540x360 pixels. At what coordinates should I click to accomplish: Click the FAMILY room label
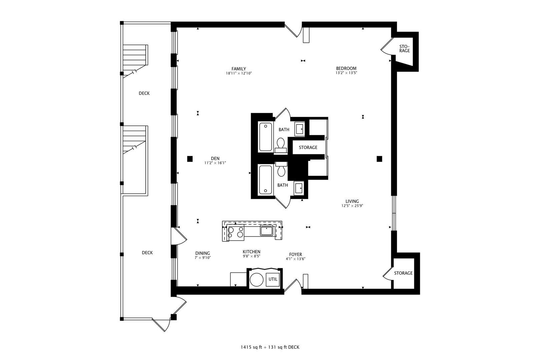click(x=239, y=69)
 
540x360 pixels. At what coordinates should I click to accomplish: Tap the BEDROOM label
click(x=346, y=68)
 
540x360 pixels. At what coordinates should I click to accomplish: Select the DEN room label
click(x=215, y=158)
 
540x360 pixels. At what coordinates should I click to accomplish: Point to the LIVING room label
click(x=352, y=201)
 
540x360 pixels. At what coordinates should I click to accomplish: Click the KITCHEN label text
click(x=251, y=252)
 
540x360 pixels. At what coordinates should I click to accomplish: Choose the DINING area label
click(x=203, y=253)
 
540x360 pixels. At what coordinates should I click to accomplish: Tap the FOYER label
click(x=296, y=254)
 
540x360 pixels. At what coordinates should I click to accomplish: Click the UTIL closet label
click(x=273, y=279)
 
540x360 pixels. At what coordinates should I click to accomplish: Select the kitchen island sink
click(x=266, y=231)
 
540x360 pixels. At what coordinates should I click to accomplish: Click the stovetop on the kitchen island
click(x=236, y=232)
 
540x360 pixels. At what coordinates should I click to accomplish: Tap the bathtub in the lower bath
click(x=265, y=180)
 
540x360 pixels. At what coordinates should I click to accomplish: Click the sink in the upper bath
click(x=300, y=129)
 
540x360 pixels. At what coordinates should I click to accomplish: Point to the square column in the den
click(x=190, y=159)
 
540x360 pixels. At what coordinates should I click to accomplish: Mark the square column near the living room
click(x=379, y=159)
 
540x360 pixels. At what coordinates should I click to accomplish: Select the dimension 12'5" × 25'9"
click(x=352, y=206)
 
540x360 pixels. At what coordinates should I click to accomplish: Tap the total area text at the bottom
click(x=270, y=347)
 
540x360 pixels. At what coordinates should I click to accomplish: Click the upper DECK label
click(x=144, y=93)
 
